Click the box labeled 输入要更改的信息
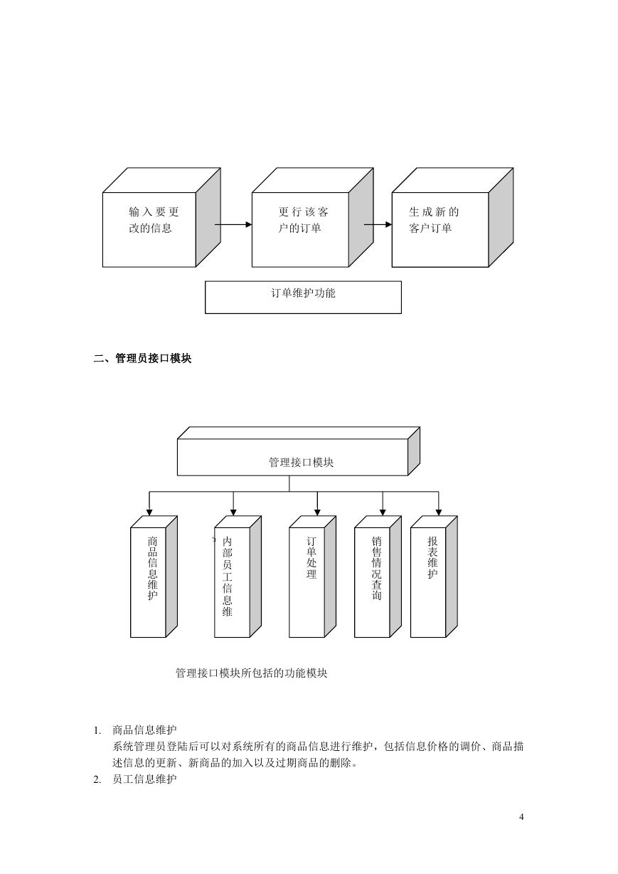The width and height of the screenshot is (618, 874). (x=161, y=218)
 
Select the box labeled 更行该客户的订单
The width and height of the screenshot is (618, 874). (x=312, y=218)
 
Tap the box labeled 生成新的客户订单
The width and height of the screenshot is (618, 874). (x=452, y=218)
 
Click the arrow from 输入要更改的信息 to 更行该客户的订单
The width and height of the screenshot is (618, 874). (x=233, y=224)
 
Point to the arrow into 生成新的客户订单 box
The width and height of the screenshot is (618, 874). (x=378, y=224)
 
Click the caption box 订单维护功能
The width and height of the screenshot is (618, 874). (x=303, y=297)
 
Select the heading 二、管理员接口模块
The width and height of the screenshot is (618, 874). (x=143, y=358)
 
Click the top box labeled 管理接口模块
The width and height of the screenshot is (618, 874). (x=299, y=451)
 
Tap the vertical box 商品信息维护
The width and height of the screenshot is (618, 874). (x=154, y=576)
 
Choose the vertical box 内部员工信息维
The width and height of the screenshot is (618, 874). (x=238, y=576)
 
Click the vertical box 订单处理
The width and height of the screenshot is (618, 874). (x=312, y=576)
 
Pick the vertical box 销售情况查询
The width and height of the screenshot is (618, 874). (x=378, y=576)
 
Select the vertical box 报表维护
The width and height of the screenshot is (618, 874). (x=434, y=576)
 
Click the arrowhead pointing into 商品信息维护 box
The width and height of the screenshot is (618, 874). (x=149, y=512)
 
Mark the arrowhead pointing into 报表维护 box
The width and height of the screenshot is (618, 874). (x=439, y=512)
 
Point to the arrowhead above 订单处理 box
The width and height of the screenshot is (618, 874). (x=317, y=512)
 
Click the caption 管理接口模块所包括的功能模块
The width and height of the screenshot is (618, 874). (x=252, y=673)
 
